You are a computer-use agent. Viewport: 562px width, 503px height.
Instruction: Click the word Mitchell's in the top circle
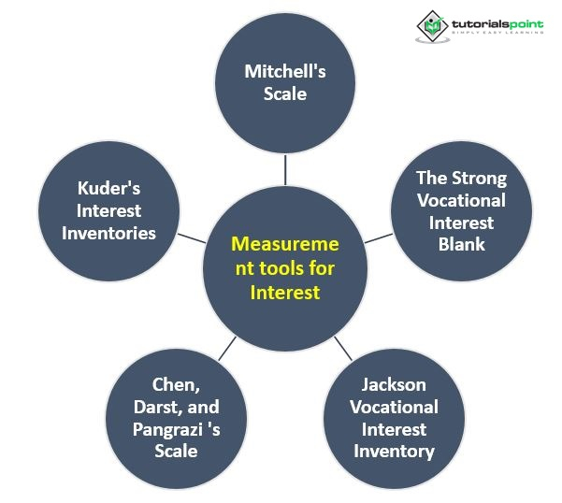(x=285, y=71)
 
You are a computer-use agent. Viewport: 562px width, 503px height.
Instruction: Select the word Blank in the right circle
(x=461, y=245)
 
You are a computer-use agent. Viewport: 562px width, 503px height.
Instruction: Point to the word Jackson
(x=394, y=384)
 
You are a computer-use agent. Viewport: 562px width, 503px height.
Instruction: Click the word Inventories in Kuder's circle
(x=108, y=233)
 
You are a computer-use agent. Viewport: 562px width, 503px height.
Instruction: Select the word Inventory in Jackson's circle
(x=394, y=452)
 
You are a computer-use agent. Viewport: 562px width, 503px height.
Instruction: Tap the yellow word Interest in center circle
(x=285, y=293)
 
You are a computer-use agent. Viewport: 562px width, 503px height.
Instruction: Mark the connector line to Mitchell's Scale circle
(x=285, y=169)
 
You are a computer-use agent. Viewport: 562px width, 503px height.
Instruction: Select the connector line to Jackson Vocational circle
(x=341, y=352)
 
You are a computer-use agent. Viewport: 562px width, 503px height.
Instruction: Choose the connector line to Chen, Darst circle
(x=226, y=352)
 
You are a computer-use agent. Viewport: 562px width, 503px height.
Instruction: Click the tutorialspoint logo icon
(x=431, y=22)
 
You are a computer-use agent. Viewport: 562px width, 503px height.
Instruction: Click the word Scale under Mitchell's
(x=285, y=93)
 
